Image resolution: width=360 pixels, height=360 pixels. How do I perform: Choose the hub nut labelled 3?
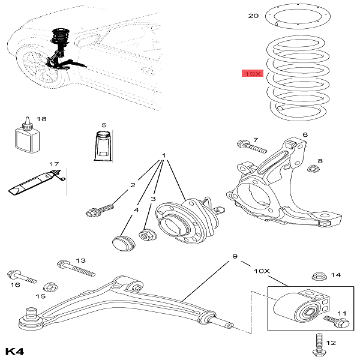coord(146,235)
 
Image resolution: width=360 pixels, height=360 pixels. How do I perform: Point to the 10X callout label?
coord(263,270)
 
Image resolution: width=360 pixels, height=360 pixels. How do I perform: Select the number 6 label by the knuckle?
coord(304,135)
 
